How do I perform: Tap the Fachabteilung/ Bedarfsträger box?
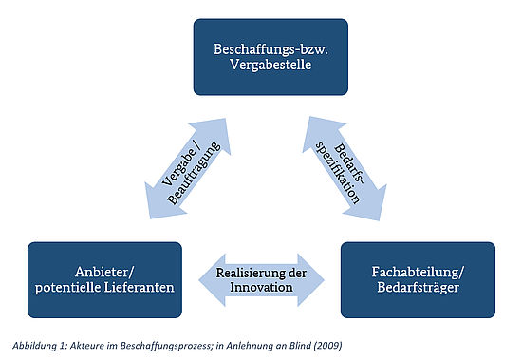point(418,277)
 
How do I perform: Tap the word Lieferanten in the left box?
point(137,286)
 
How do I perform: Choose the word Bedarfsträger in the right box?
point(418,286)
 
